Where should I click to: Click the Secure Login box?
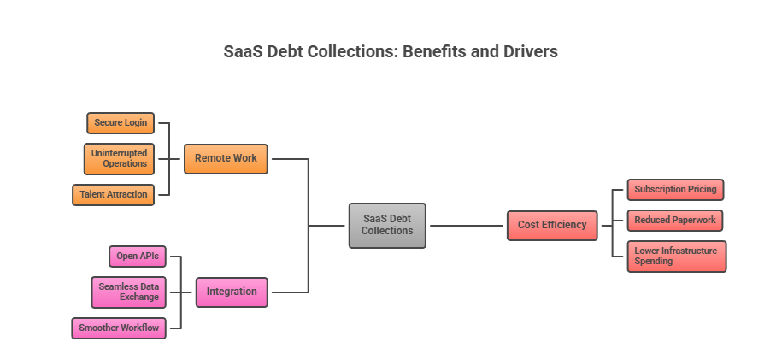coord(121,123)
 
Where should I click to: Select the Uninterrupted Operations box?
coord(119,158)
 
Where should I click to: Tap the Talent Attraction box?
coord(114,194)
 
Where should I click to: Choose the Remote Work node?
coord(226,158)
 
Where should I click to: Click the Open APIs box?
coord(138,256)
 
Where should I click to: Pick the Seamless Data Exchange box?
coord(128,292)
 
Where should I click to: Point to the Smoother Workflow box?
coord(119,328)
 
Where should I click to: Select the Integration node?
coord(231,292)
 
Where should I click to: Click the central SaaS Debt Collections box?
coord(386,225)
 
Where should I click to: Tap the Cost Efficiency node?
coord(552,225)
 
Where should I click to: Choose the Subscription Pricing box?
coord(675,189)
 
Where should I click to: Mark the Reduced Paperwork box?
coord(675,220)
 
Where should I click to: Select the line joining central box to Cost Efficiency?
coord(466,226)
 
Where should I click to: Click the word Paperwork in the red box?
coord(693,220)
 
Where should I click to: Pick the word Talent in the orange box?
coord(93,194)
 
